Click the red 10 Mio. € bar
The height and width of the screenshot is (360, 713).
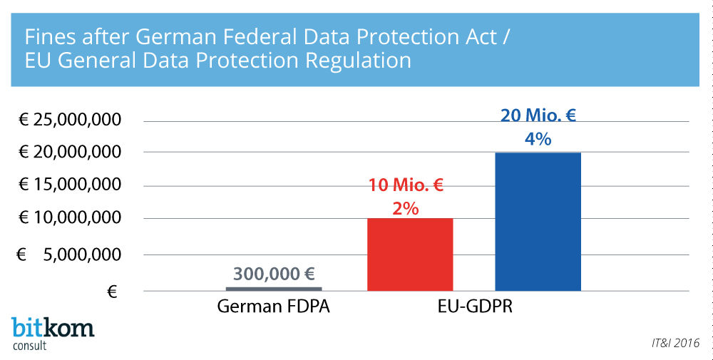[x=410, y=254]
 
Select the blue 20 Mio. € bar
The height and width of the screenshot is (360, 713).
[x=538, y=221]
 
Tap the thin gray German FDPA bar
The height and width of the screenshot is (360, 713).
[x=274, y=289]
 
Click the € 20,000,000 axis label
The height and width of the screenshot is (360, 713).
[x=69, y=152]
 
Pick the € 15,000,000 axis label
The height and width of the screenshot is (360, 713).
[x=69, y=185]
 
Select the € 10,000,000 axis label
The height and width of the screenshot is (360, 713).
[x=69, y=218]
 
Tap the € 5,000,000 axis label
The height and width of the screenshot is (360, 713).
[x=69, y=254]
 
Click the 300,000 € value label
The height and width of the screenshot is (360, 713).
[x=274, y=274]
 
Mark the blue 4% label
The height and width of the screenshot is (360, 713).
[x=538, y=140]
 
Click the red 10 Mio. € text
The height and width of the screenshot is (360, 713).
[x=406, y=187]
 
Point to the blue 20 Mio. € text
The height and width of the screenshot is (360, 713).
[x=538, y=117]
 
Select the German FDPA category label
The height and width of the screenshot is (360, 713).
[x=274, y=308]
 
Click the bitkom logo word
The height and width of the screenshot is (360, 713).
[x=53, y=328]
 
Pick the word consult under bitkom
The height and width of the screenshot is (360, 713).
[x=30, y=346]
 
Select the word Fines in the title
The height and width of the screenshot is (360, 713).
[x=48, y=36]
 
